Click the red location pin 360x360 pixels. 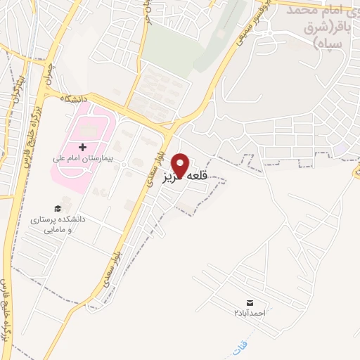click(181, 165)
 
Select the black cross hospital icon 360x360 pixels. click(83, 148)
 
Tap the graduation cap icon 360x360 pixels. click(58, 208)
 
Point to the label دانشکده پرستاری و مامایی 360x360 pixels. click(57, 224)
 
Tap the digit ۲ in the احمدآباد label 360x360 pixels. click(237, 312)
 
